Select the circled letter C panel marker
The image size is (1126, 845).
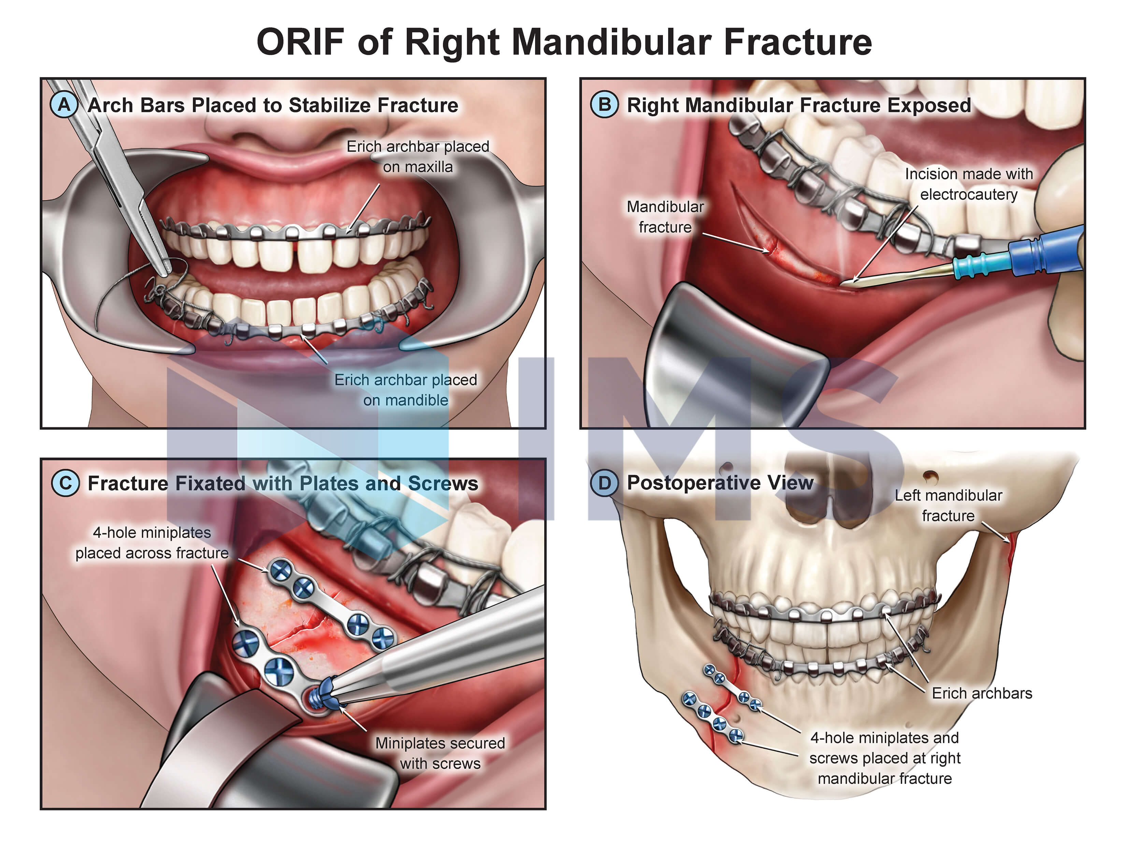65,483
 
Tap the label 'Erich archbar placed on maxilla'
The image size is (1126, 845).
417,156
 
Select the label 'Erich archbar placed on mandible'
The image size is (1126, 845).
406,390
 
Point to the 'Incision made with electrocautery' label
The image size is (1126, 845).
968,184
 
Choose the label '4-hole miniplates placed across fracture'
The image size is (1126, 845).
152,543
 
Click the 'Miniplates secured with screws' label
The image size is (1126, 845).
440,753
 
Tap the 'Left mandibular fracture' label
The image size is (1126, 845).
948,505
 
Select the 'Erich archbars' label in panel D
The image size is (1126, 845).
981,693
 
